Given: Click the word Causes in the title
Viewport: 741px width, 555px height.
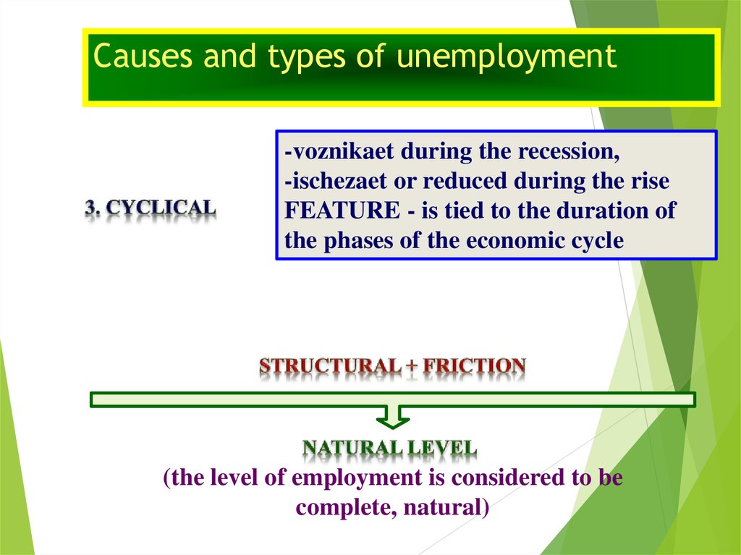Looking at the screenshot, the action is click(143, 55).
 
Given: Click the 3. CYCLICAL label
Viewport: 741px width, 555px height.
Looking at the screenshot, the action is click(151, 208).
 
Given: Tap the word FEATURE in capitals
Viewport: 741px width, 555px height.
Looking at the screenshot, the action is click(342, 211).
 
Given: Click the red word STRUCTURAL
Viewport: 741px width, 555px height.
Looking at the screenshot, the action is click(330, 366).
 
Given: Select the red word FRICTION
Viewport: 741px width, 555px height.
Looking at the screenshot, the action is click(474, 366).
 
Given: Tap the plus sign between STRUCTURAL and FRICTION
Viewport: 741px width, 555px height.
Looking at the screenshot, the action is click(412, 367).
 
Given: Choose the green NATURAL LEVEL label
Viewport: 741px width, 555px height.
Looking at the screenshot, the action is click(389, 448).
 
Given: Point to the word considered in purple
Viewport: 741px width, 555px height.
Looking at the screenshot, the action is click(508, 478).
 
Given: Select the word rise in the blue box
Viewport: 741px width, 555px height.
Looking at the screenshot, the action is click(651, 181).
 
